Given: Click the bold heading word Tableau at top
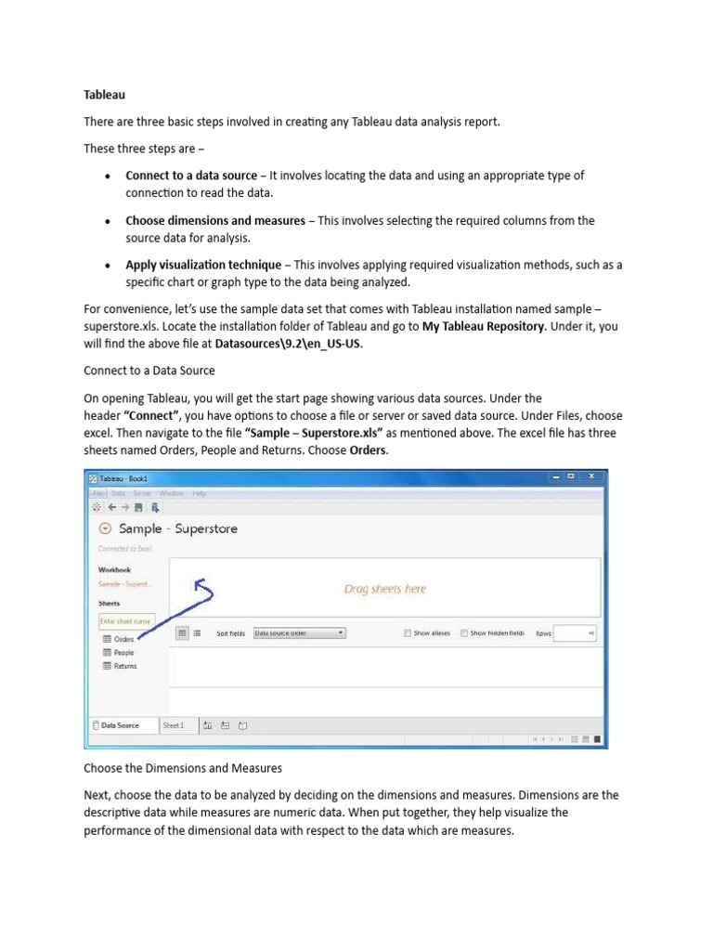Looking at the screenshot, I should [104, 95].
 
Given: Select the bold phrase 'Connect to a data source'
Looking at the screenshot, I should [191, 176].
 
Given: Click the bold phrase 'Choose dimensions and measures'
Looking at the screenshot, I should [215, 221].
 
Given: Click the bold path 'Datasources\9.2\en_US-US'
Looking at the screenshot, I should [289, 345].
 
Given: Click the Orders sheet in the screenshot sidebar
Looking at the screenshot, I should [123, 639].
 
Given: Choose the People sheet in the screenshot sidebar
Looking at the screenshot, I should [123, 653].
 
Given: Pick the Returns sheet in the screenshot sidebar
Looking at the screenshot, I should [124, 666].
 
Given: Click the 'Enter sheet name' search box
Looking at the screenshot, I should [125, 620].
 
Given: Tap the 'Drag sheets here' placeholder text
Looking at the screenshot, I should [385, 589].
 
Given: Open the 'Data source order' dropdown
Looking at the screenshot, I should [299, 633].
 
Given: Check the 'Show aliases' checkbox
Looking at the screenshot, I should [408, 633].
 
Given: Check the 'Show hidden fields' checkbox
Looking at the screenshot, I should [464, 633].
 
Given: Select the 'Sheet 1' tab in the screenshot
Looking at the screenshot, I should [174, 725].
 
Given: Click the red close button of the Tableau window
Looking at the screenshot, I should [592, 476].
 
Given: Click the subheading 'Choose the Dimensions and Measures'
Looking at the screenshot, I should [183, 769].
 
